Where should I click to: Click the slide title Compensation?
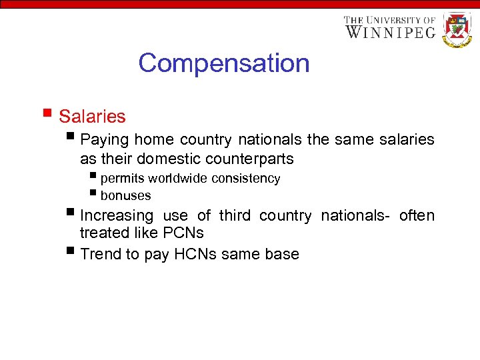pos(224,63)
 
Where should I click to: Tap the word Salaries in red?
pos(92,117)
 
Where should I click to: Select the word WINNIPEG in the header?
pos(390,32)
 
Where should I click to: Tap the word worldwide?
pos(178,179)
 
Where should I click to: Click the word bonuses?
pos(125,196)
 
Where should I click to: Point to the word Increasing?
pos(116,216)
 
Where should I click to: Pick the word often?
pos(417,216)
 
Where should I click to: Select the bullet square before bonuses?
pos(93,194)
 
